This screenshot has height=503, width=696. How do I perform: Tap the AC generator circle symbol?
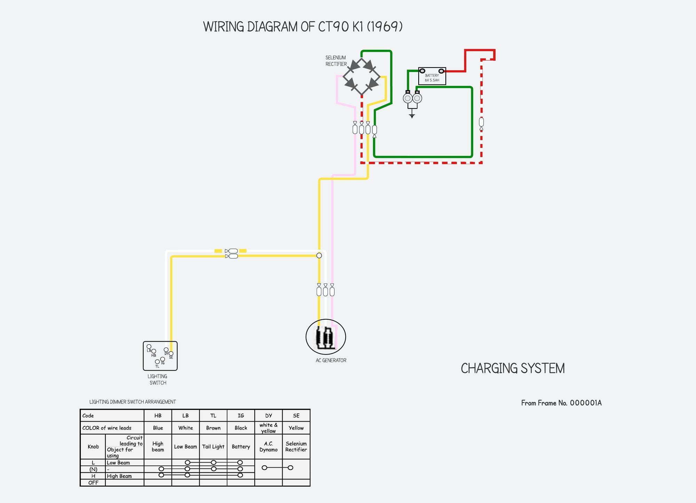pos(326,337)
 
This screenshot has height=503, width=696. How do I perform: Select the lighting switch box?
pos(160,356)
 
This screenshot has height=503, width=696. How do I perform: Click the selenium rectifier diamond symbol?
pos(362,77)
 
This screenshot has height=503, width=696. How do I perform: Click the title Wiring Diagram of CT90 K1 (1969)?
pos(303,27)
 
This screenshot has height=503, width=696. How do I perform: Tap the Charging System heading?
pos(513,368)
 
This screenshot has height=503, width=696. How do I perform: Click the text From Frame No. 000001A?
pos(561,403)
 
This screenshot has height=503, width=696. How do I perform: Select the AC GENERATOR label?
pos(331,360)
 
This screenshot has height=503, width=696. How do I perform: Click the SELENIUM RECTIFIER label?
pos(336,61)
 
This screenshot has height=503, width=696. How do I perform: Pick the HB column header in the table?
pos(158,415)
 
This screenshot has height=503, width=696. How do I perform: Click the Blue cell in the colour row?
pos(158,428)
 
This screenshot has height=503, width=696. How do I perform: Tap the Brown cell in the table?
pos(213,428)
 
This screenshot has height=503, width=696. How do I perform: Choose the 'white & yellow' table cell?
pos(268,428)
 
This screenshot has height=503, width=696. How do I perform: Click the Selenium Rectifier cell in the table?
pos(296,447)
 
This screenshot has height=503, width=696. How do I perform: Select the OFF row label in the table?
pos(93,482)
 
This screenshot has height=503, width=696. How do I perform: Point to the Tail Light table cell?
pos(213,447)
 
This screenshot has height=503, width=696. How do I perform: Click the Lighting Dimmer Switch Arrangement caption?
pos(133,402)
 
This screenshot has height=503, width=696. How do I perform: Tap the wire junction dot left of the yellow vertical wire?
pos(319,255)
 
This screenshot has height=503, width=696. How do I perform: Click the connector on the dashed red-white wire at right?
pos(481,122)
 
